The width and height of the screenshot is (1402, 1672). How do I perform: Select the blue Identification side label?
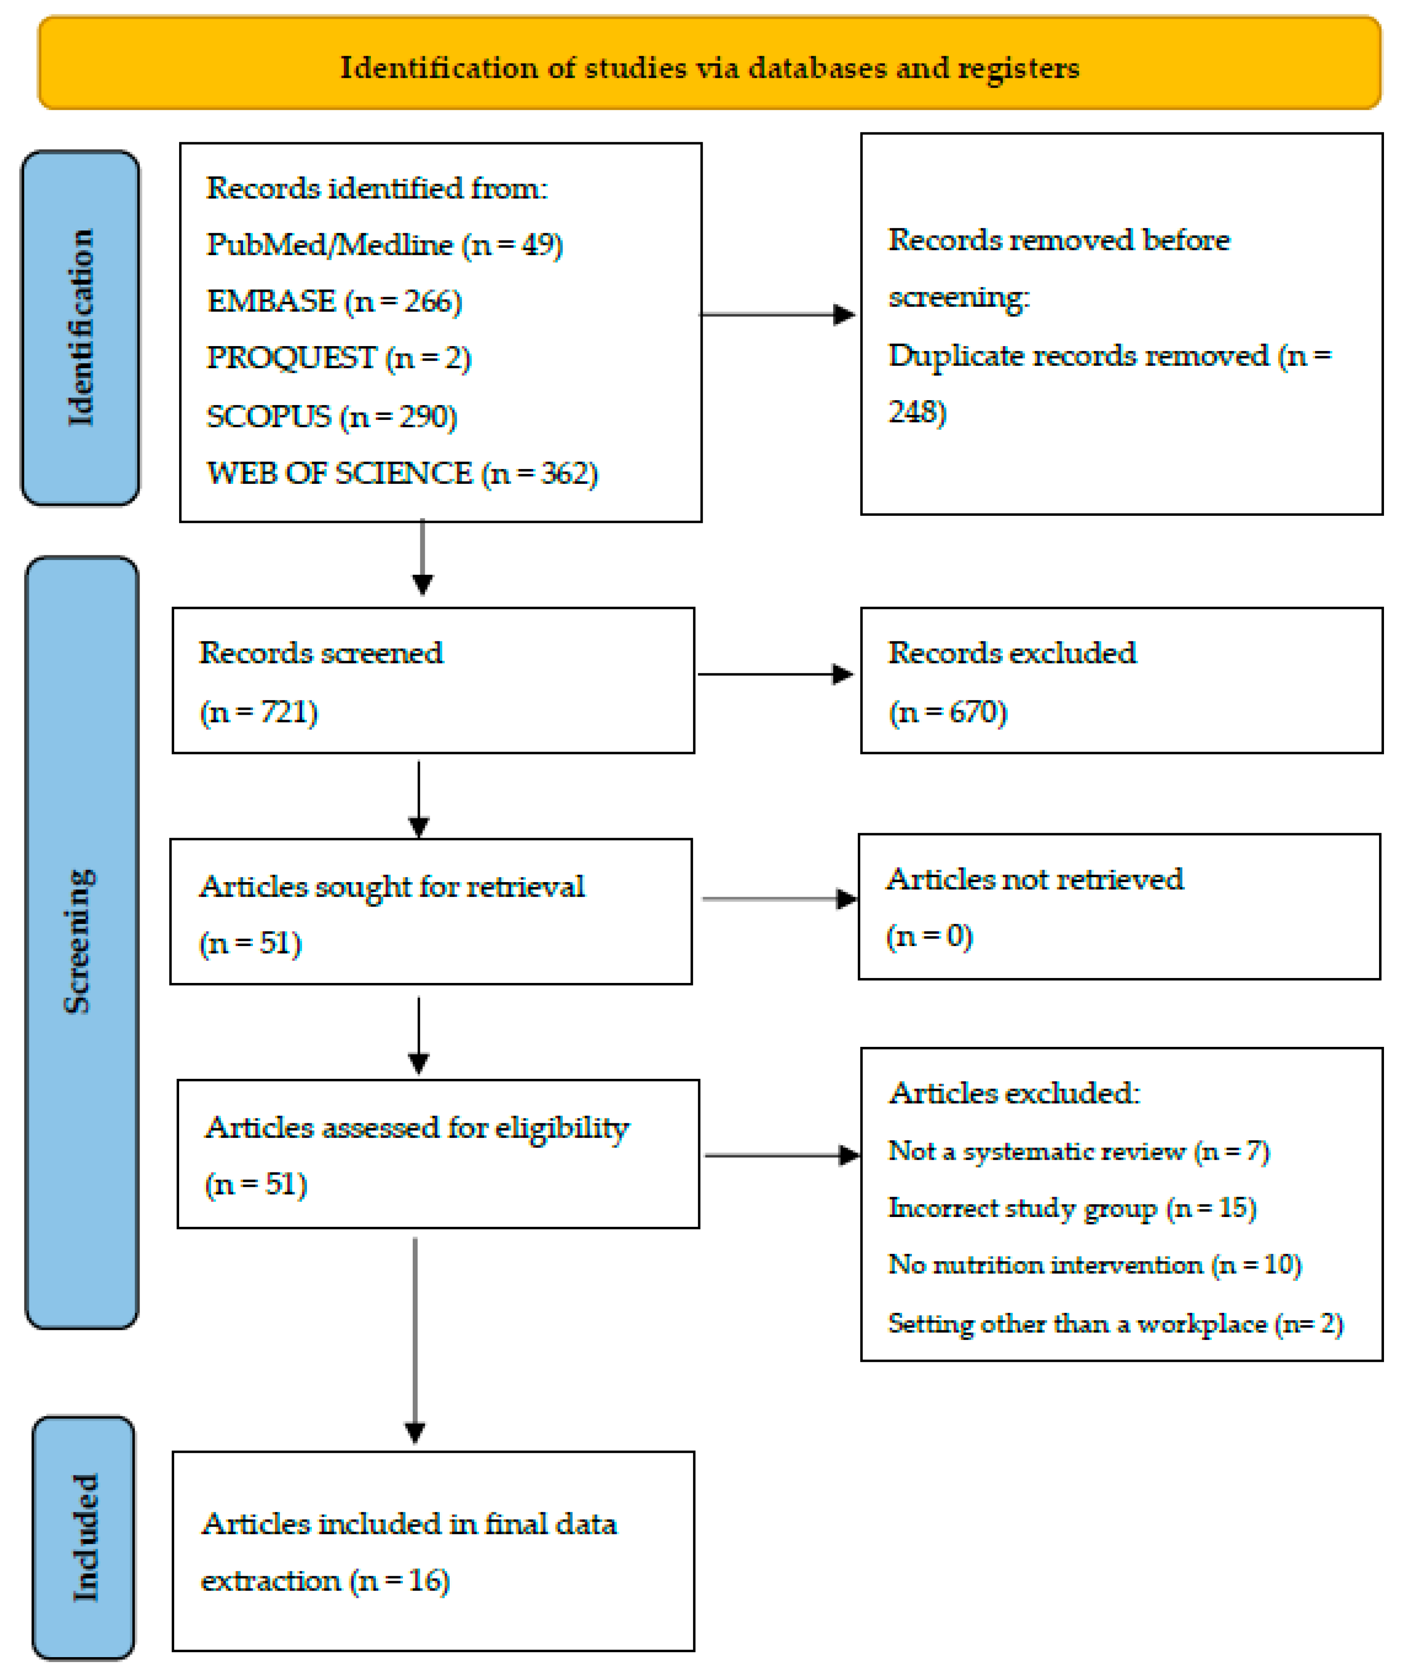pyautogui.click(x=81, y=327)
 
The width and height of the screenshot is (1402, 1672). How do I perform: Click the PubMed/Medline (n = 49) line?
pyautogui.click(x=384, y=244)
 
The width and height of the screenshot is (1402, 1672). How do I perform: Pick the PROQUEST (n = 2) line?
pyautogui.click(x=338, y=358)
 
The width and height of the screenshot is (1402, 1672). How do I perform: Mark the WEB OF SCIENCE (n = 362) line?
pyautogui.click(x=402, y=474)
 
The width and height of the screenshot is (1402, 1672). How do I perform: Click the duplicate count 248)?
pyautogui.click(x=916, y=412)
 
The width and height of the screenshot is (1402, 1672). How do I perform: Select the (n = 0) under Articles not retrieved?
pyautogui.click(x=929, y=936)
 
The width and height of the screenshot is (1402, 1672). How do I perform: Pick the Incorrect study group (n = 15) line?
pyautogui.click(x=1072, y=1208)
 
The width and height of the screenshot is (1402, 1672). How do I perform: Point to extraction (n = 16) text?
pyautogui.click(x=325, y=1581)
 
